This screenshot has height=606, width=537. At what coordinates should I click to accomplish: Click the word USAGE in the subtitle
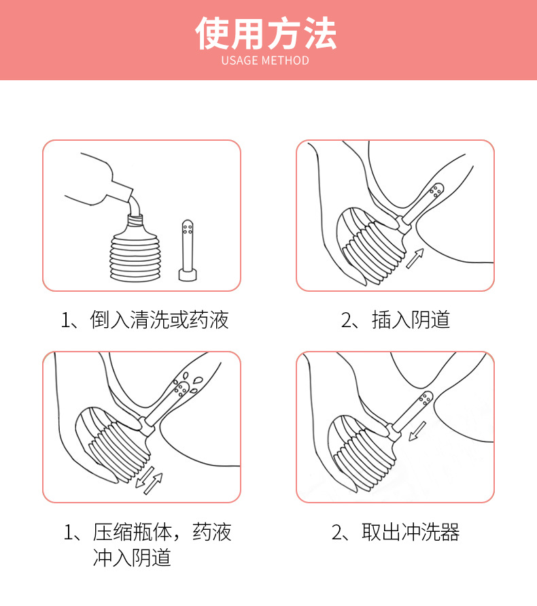(x=240, y=61)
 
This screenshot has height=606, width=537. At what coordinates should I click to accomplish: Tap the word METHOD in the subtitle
(x=285, y=61)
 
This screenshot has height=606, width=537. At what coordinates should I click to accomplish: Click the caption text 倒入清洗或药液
(x=160, y=320)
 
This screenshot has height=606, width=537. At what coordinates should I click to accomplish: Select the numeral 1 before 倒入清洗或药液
(x=66, y=320)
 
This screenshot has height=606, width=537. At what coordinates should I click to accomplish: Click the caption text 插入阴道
(x=411, y=320)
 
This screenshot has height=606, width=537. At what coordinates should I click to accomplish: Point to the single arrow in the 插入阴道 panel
(x=414, y=258)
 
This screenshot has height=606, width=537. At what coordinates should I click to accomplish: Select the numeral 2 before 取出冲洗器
(x=337, y=532)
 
